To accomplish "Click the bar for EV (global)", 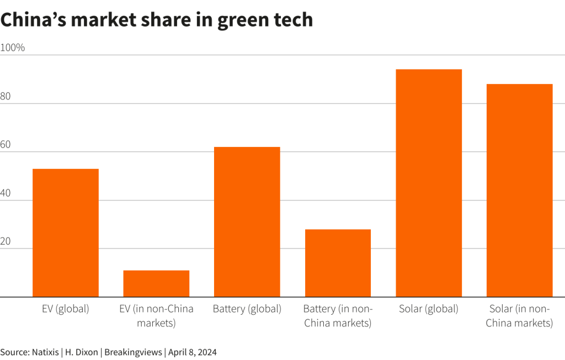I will pyautogui.click(x=66, y=232).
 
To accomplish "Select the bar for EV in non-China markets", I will pyautogui.click(x=156, y=283).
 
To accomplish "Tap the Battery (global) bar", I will pyautogui.click(x=247, y=221).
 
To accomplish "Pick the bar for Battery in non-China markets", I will pyautogui.click(x=338, y=263).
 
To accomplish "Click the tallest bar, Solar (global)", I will pyautogui.click(x=429, y=183).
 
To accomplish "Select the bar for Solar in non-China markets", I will pyautogui.click(x=519, y=190).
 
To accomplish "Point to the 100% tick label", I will pyautogui.click(x=13, y=47).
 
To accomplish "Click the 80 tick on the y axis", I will pyautogui.click(x=6, y=96).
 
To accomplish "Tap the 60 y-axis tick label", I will pyautogui.click(x=6, y=145).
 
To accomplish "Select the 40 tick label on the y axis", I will pyautogui.click(x=6, y=193).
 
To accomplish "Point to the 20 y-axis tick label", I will pyautogui.click(x=6, y=241).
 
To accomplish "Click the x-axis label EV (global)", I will pyautogui.click(x=66, y=309).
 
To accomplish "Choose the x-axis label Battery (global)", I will pyautogui.click(x=247, y=309).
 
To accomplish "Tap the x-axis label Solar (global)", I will pyautogui.click(x=429, y=309).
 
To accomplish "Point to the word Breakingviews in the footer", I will pyautogui.click(x=133, y=352).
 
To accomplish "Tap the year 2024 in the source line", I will pyautogui.click(x=206, y=352).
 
